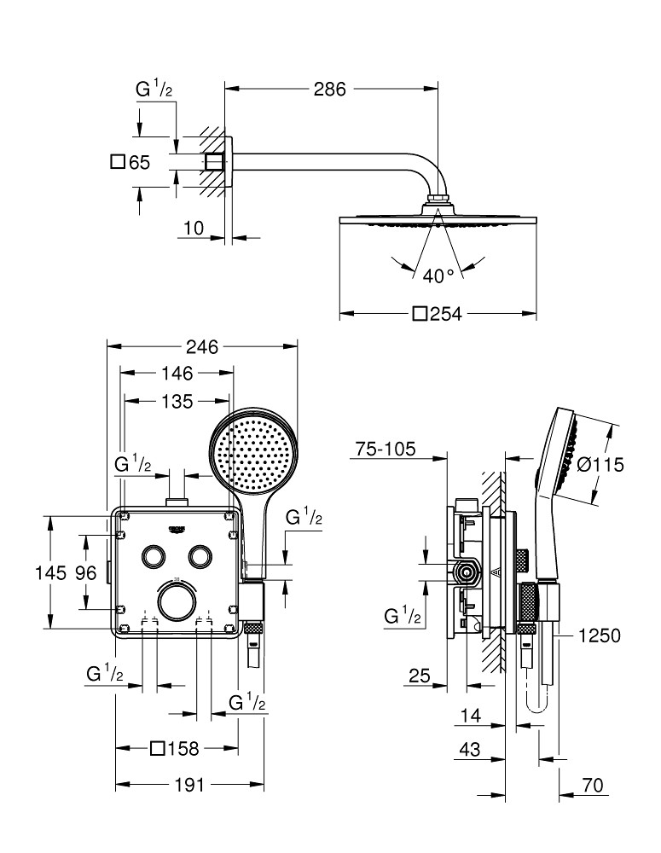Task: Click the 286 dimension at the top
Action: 330,88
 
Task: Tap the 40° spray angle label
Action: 438,275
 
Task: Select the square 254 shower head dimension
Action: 437,315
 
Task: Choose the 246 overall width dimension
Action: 202,346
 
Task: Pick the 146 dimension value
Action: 177,373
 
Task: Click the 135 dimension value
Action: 177,400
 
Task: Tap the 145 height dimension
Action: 49,573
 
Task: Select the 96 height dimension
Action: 85,573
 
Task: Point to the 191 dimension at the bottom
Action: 188,786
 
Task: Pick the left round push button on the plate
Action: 154,555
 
